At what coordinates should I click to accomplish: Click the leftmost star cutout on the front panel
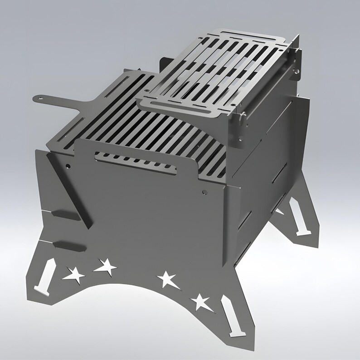pyautogui.click(x=73, y=274)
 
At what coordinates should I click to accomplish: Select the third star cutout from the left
pyautogui.click(x=167, y=279)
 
